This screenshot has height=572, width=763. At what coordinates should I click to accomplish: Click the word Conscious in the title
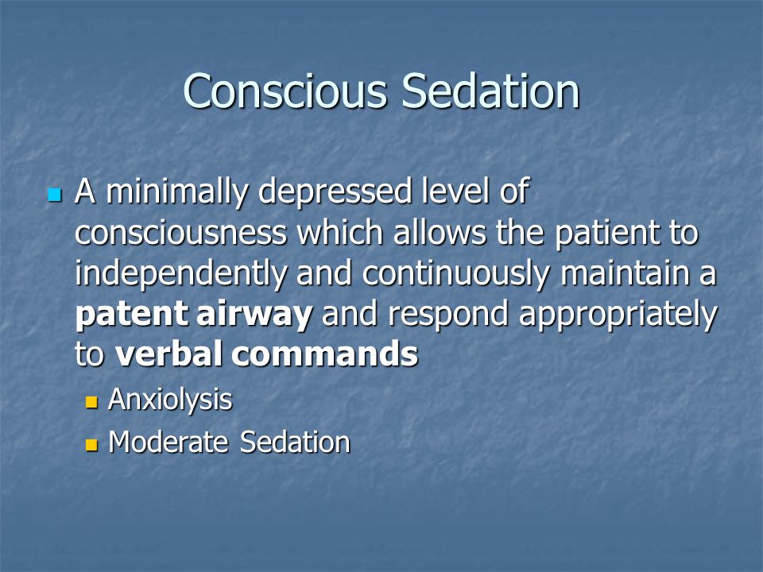285,91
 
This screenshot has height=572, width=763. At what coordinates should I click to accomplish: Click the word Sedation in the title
490,91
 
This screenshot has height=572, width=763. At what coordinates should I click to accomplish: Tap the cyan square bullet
55,195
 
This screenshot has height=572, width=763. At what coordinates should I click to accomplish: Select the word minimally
176,192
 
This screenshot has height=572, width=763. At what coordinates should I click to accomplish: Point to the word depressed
335,192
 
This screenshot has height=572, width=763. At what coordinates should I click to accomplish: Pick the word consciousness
180,233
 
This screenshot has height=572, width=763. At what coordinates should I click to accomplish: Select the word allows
440,232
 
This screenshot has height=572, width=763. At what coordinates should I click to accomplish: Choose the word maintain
625,273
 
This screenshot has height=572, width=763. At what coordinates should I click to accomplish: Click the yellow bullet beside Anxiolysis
91,402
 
